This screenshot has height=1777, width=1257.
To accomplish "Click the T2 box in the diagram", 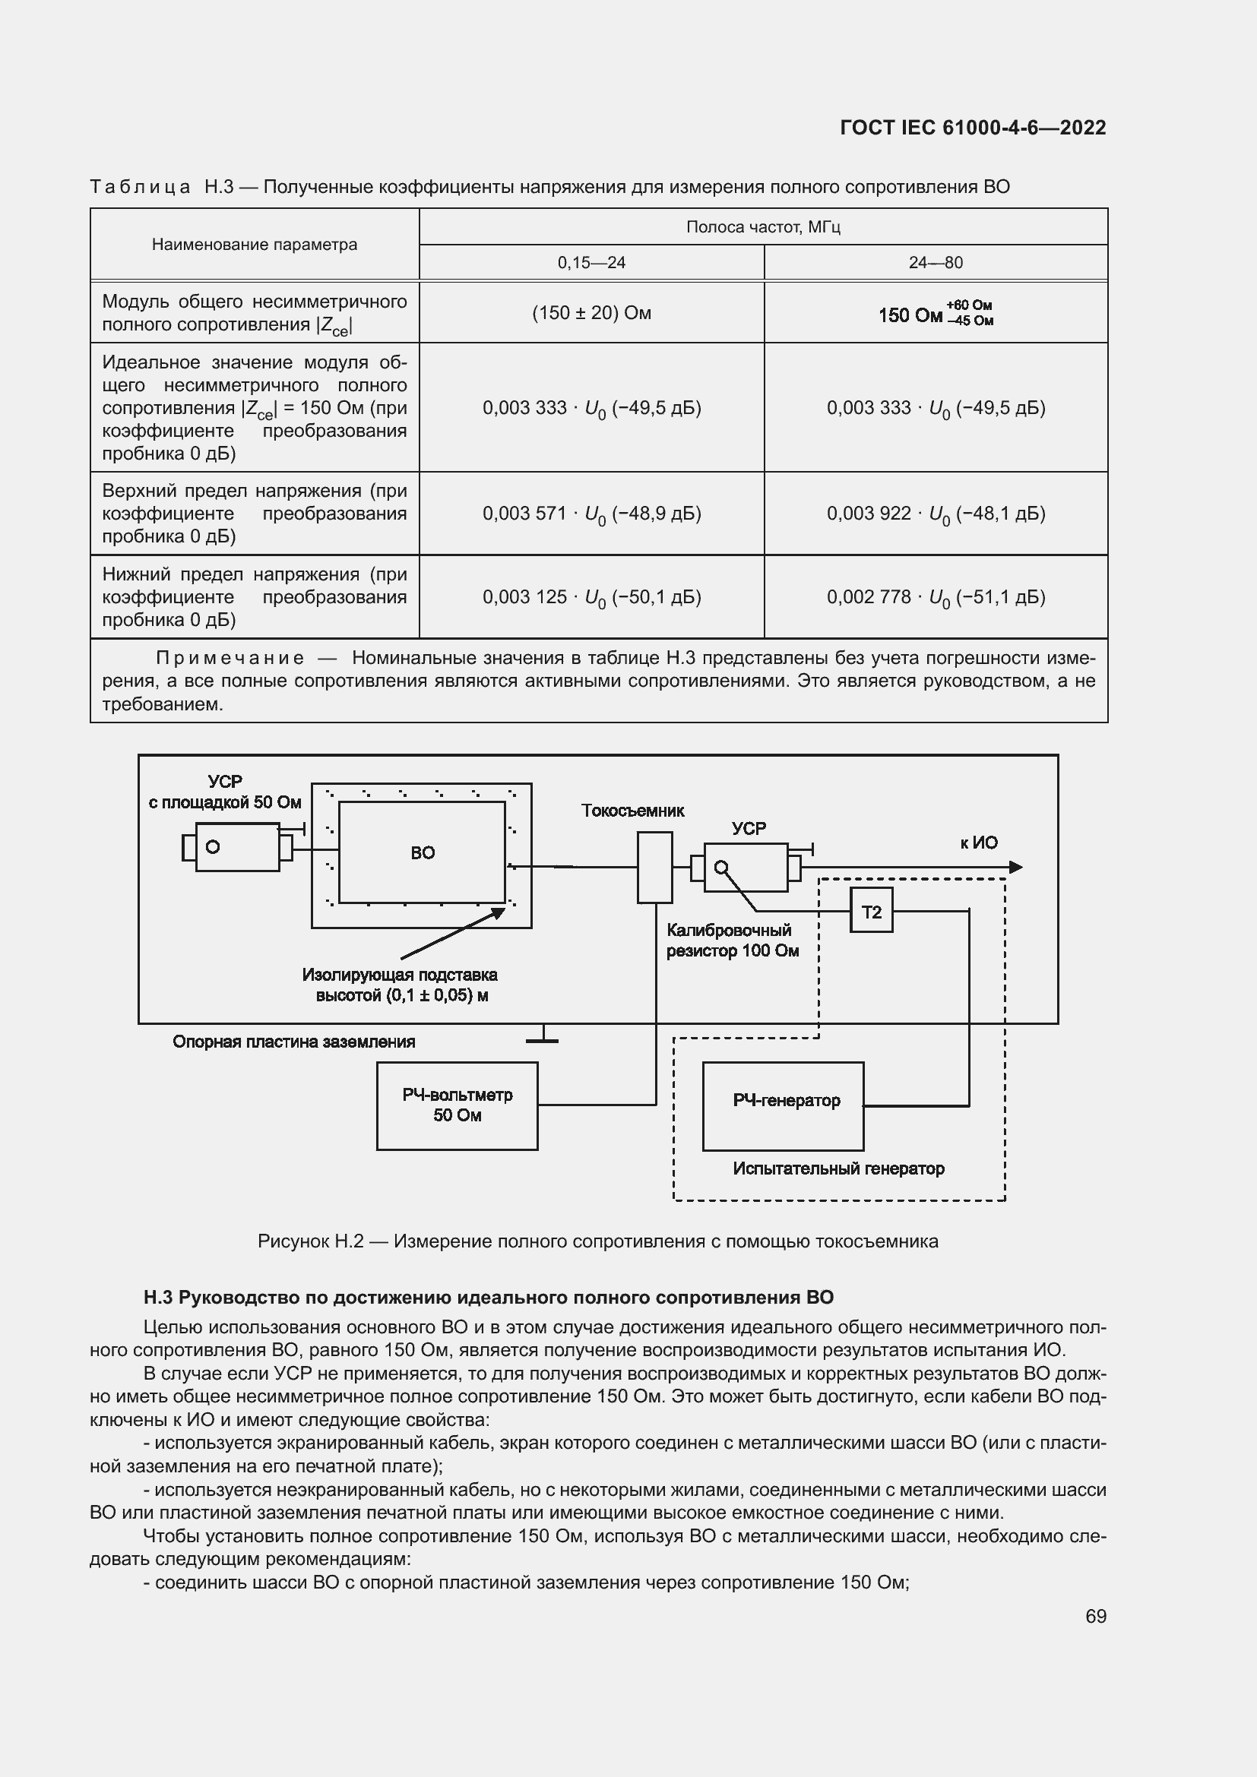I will pyautogui.click(x=871, y=911).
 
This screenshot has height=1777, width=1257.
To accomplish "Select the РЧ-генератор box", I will pyautogui.click(x=783, y=1106).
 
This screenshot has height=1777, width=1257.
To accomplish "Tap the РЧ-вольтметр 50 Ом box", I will pyautogui.click(x=457, y=1105).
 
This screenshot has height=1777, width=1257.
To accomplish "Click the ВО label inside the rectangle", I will pyautogui.click(x=423, y=853).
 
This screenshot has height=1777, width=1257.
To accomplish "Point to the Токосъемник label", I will pyautogui.click(x=632, y=811).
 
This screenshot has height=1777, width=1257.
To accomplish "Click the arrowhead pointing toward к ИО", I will pyautogui.click(x=1015, y=867).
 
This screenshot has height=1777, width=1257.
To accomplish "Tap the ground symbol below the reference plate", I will pyautogui.click(x=543, y=1037).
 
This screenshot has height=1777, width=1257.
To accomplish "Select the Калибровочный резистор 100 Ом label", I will pyautogui.click(x=731, y=941).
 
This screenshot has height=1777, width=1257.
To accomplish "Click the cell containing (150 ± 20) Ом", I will pyautogui.click(x=591, y=313).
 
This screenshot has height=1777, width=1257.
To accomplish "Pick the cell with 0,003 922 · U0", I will pyautogui.click(x=936, y=514).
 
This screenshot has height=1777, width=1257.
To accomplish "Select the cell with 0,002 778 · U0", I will pyautogui.click(x=936, y=597).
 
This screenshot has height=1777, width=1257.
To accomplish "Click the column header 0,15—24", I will pyautogui.click(x=591, y=262).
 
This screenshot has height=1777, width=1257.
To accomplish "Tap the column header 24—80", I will pyautogui.click(x=936, y=262).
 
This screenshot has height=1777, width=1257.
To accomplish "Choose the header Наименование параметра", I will pyautogui.click(x=255, y=245).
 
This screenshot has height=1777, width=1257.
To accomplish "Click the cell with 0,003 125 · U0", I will pyautogui.click(x=591, y=597).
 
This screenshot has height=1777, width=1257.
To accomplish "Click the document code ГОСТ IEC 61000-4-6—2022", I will pyautogui.click(x=972, y=128).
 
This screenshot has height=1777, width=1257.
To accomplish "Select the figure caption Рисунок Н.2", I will pyautogui.click(x=597, y=1241).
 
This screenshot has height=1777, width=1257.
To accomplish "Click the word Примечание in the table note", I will pyautogui.click(x=230, y=659).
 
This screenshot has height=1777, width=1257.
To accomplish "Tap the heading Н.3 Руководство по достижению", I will pyautogui.click(x=489, y=1297).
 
